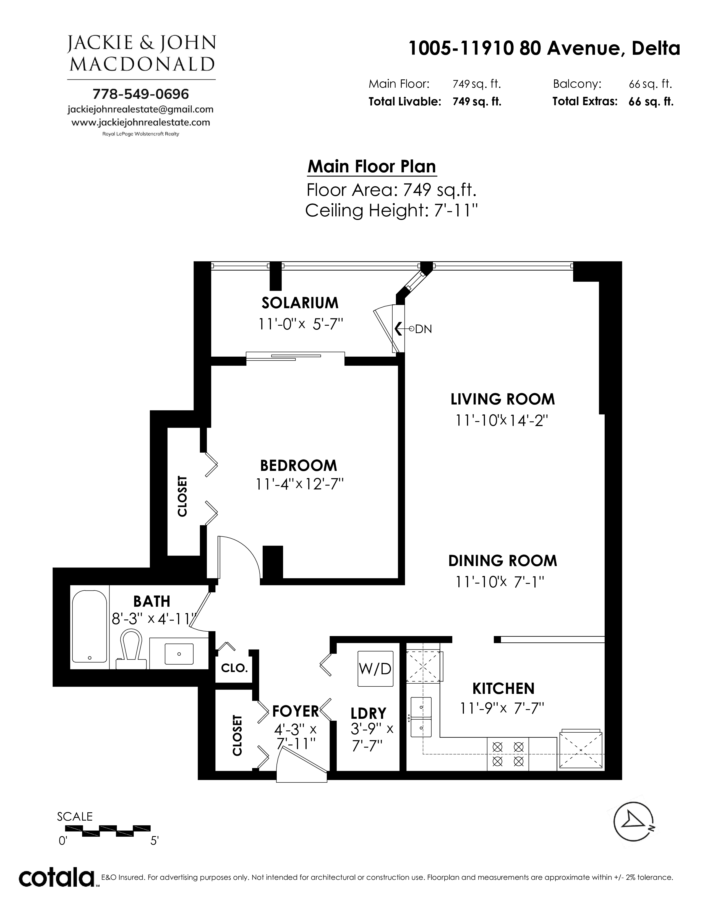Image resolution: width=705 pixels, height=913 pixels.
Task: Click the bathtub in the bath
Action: (x=89, y=626)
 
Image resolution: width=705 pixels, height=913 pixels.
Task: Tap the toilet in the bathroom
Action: (x=131, y=650)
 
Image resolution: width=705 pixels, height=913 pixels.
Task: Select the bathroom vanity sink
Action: (x=179, y=654)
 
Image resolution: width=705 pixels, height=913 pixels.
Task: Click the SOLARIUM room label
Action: (x=300, y=303)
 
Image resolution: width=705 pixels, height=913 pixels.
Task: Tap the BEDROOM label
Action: (x=298, y=465)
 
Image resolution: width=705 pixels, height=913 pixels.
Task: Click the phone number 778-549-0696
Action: (x=141, y=94)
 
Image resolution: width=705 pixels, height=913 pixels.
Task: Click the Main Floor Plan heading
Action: (x=372, y=166)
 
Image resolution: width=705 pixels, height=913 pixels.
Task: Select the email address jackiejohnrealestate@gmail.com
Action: (x=140, y=110)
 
